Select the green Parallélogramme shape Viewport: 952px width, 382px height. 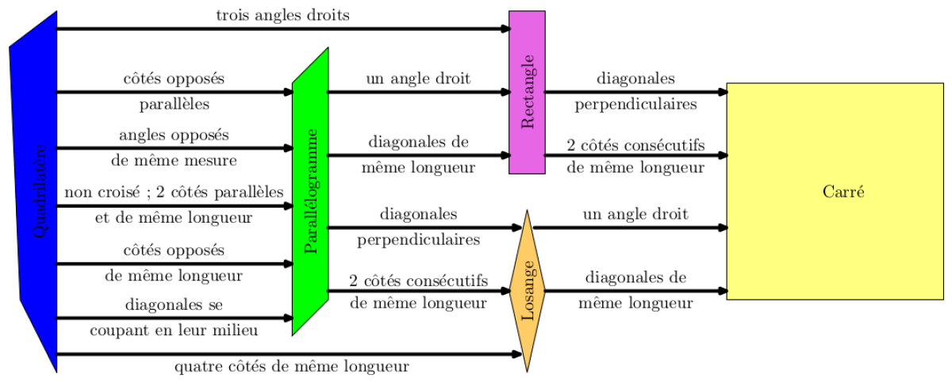[310, 190]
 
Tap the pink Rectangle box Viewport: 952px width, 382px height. [527, 92]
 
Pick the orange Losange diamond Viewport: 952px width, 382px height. [527, 291]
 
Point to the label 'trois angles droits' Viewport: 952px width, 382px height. [282, 15]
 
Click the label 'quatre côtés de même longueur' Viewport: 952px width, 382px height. [291, 367]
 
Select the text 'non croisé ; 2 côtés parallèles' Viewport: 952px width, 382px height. [174, 193]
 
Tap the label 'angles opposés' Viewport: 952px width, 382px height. [174, 135]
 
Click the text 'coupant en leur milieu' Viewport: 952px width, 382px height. [174, 330]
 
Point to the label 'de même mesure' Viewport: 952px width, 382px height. [174, 161]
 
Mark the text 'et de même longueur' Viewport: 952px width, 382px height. [174, 217]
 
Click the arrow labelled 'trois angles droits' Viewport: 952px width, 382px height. [282, 29]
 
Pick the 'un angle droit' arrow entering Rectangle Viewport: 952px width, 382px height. [418, 92]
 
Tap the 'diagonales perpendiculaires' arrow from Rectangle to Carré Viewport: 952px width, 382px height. [635, 92]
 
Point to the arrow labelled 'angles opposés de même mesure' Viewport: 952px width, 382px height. [174, 148]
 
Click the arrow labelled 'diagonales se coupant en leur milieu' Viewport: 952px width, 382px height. [174, 318]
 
